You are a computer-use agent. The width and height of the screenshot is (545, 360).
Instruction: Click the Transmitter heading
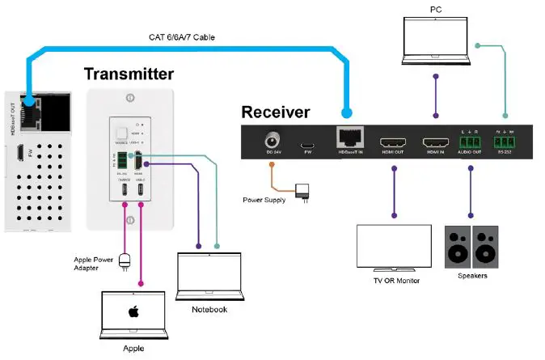[128, 74]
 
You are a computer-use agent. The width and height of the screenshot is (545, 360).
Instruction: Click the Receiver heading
[275, 112]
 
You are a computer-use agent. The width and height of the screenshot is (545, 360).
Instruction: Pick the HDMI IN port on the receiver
[437, 143]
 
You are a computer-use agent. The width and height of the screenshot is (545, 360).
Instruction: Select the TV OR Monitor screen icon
[394, 247]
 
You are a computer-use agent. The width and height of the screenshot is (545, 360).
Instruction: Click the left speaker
[457, 246]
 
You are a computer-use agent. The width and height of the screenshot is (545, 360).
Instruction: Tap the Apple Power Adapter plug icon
[125, 260]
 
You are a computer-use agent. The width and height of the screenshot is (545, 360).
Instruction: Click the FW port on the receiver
[306, 146]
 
